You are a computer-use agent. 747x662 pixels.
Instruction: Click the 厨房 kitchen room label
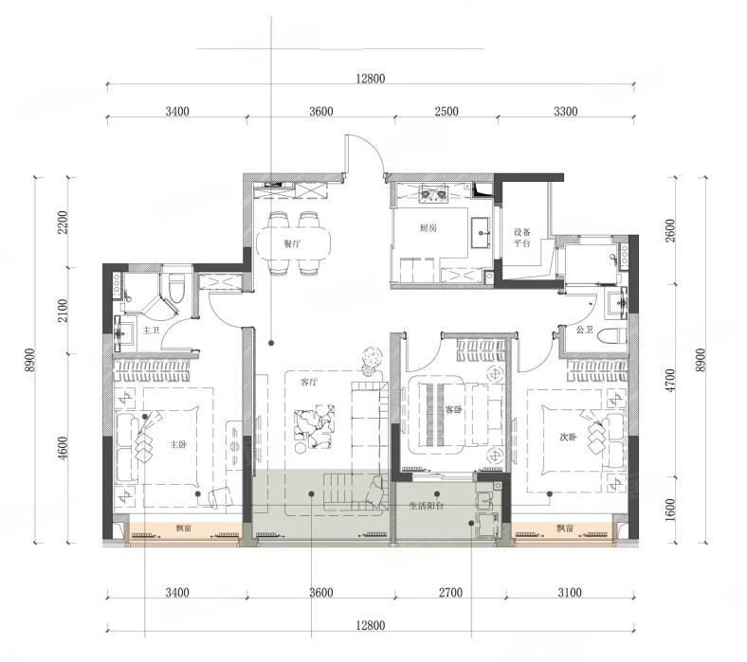coord(428,228)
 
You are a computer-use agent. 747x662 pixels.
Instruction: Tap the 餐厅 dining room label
coord(292,244)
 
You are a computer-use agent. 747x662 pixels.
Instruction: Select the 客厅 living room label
coord(309,382)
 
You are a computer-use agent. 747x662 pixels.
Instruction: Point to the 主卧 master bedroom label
coord(177,444)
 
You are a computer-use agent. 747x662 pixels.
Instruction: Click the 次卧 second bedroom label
coord(568,437)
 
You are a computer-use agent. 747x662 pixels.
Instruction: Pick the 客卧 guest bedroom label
coord(453,409)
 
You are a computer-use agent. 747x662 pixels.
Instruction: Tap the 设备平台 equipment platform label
coord(521,238)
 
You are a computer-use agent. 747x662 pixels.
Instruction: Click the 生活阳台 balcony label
coord(427,506)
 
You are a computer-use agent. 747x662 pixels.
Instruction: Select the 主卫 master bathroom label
coord(151,330)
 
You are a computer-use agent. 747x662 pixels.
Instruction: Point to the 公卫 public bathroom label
coord(584,330)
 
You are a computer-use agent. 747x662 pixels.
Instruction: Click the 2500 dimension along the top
coord(446,112)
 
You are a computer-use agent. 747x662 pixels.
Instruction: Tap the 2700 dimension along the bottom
coord(450,593)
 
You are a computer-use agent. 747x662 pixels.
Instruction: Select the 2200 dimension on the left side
coord(63,222)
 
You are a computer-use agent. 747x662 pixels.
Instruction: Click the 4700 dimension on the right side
coord(671,380)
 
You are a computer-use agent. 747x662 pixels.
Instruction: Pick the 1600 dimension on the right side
coord(671,510)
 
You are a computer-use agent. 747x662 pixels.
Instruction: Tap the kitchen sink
coord(482,232)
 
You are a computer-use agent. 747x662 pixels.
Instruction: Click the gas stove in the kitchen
coord(434,194)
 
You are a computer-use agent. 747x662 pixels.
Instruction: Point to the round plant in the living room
coord(372,355)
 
